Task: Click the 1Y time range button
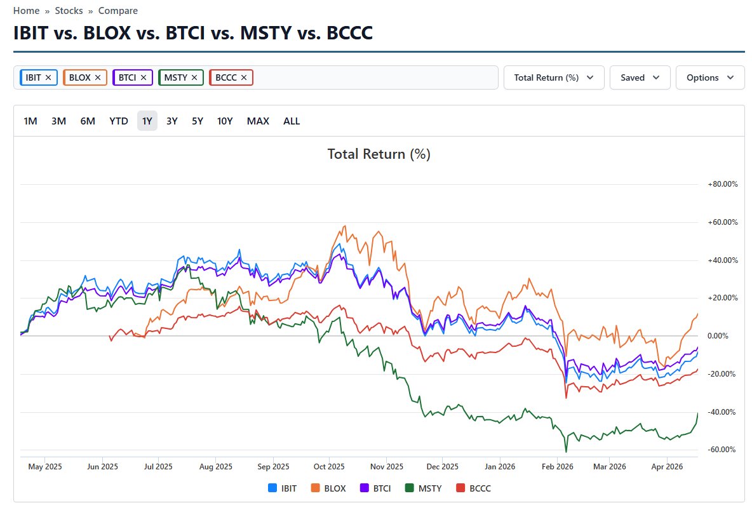[147, 121]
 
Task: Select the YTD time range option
[119, 121]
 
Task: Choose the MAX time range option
[258, 121]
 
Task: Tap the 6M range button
[88, 121]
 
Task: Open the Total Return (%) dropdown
[554, 77]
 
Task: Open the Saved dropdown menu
[640, 77]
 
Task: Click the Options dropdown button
[710, 77]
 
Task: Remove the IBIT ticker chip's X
[49, 77]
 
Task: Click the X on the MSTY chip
[194, 77]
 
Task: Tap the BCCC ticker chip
[226, 77]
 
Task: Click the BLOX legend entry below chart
[329, 488]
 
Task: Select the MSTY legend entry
[424, 488]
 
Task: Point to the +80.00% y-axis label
[723, 184]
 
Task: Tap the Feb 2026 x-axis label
[556, 467]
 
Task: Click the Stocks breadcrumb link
[69, 11]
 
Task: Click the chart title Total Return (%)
[379, 154]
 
